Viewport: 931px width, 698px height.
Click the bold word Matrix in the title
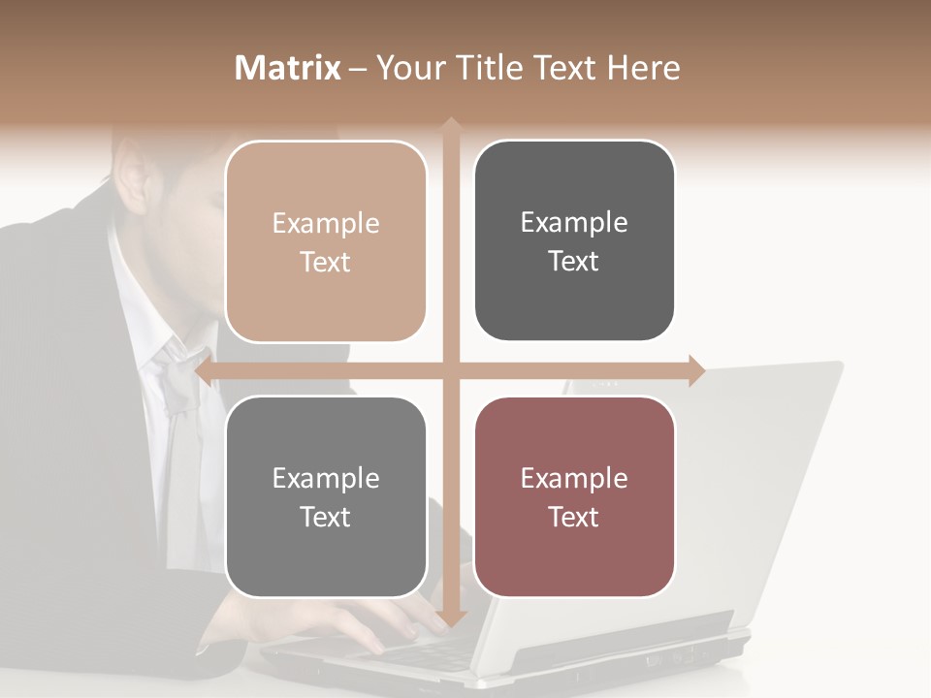click(288, 68)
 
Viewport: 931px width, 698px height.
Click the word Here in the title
click(644, 68)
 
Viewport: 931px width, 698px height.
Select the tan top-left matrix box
click(326, 242)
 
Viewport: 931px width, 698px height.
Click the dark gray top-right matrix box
click(574, 241)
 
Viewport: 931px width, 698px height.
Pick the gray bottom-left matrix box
click(326, 497)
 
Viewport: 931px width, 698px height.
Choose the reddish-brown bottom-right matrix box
click(574, 497)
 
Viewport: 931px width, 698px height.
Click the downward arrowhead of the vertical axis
click(451, 618)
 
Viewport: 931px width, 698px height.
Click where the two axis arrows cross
click(451, 371)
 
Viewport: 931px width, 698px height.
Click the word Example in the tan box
click(326, 224)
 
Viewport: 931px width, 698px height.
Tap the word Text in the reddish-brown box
click(574, 517)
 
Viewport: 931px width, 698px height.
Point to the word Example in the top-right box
click(574, 223)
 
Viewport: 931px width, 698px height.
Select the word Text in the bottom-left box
click(326, 517)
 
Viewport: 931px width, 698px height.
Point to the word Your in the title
click(405, 68)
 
